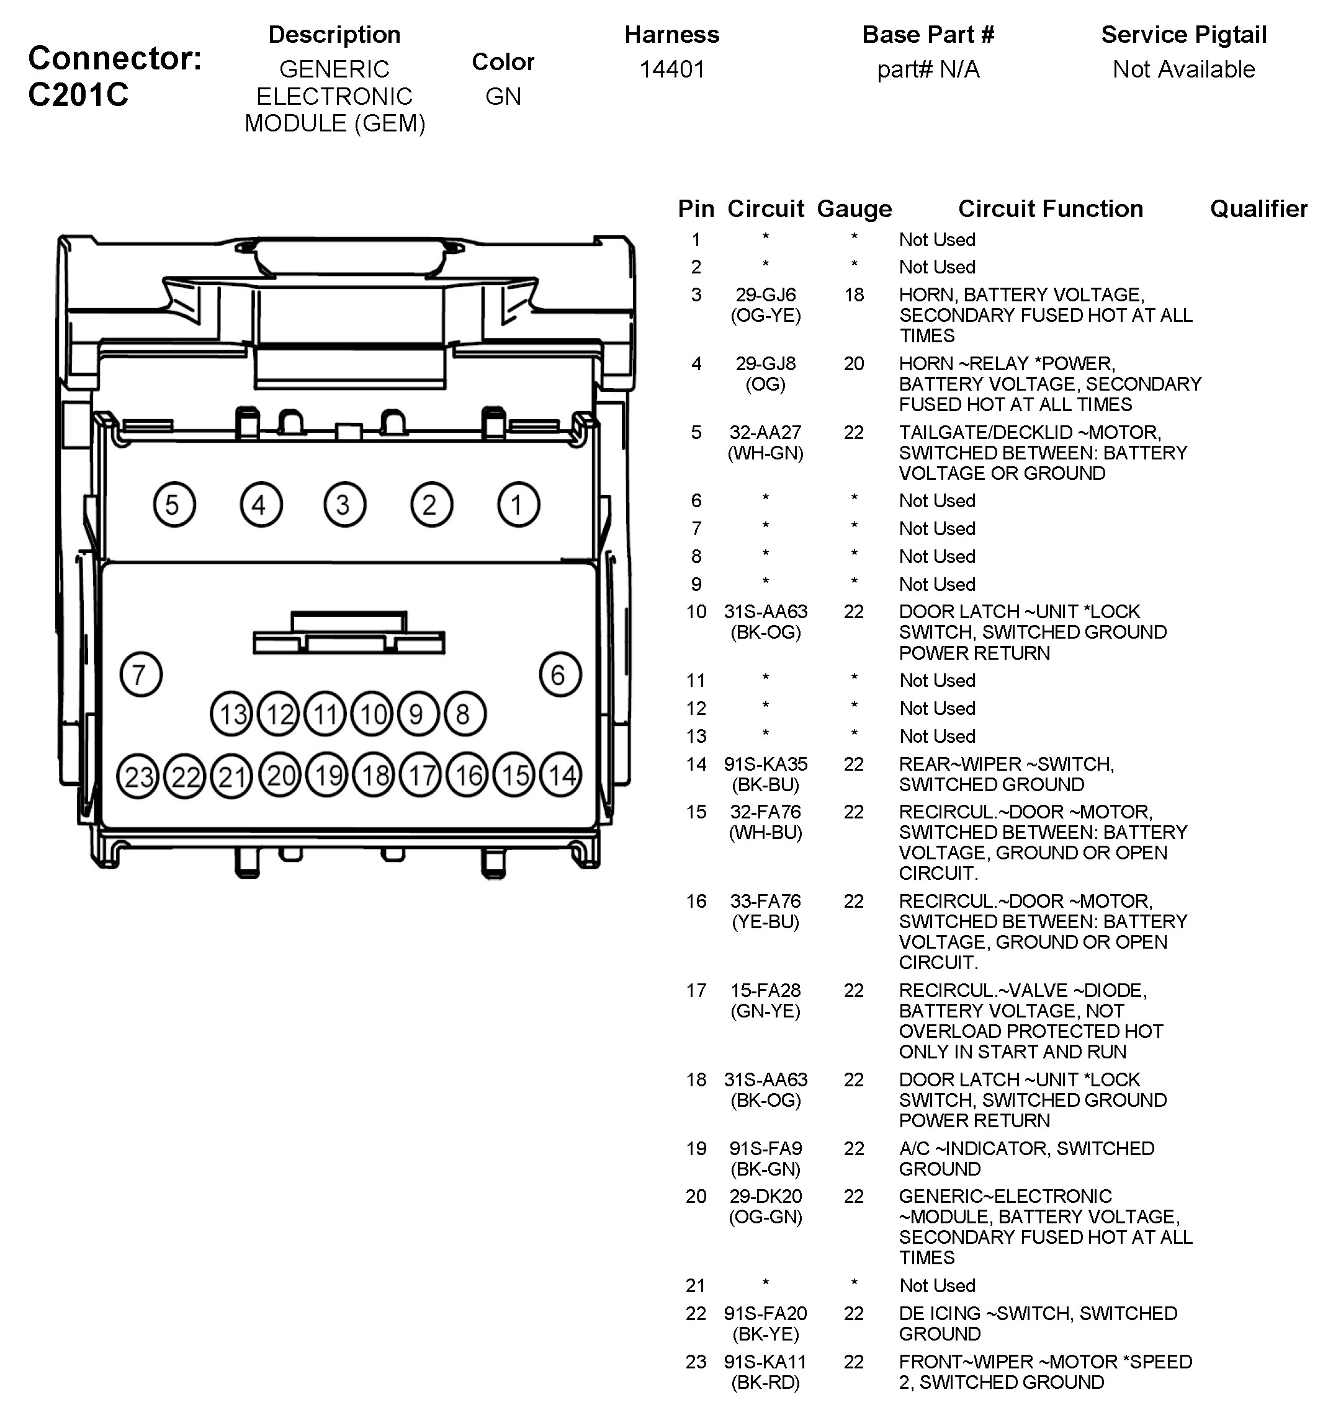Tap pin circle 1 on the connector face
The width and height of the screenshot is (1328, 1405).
tap(518, 505)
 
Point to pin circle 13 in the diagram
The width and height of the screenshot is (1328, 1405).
tap(231, 714)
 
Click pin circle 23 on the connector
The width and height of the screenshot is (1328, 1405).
tap(137, 777)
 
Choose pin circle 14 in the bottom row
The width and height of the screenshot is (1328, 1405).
tap(560, 776)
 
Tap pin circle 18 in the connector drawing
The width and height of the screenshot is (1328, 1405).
tap(374, 776)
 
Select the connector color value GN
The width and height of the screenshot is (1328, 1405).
tap(503, 96)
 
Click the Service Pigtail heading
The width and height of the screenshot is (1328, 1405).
tap(1183, 35)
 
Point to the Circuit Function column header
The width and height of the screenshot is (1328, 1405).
tap(1051, 209)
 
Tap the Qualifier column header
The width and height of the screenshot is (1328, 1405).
tap(1258, 209)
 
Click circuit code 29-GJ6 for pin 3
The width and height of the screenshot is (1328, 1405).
tap(765, 295)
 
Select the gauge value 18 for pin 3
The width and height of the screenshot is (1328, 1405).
tap(854, 295)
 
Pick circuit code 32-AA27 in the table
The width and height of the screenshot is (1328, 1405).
tap(765, 432)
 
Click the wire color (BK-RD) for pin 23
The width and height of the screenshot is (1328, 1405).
tap(765, 1381)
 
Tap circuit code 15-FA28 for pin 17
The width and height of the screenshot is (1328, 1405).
tap(765, 990)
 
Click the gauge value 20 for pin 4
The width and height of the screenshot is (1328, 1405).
tap(854, 363)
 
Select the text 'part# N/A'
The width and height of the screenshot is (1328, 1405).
tap(928, 69)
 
